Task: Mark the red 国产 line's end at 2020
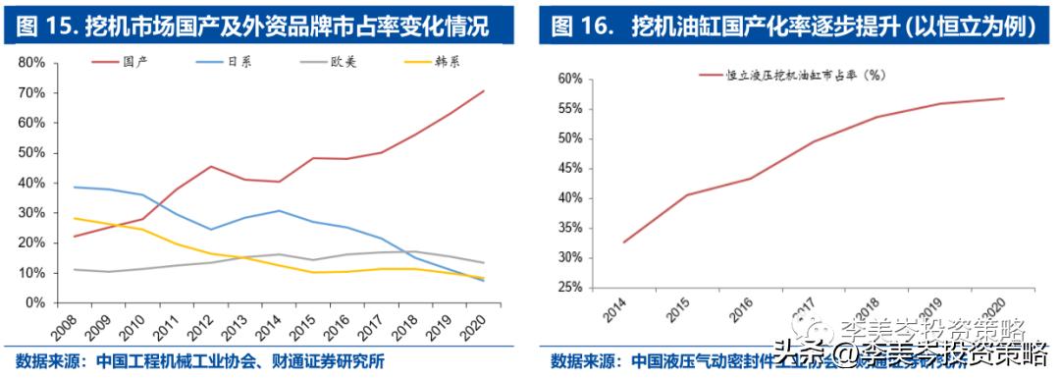coord(484,91)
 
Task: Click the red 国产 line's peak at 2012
coord(210,166)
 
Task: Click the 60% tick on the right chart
coord(569,78)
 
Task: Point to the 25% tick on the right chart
coord(569,288)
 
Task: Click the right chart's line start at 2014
coord(625,242)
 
